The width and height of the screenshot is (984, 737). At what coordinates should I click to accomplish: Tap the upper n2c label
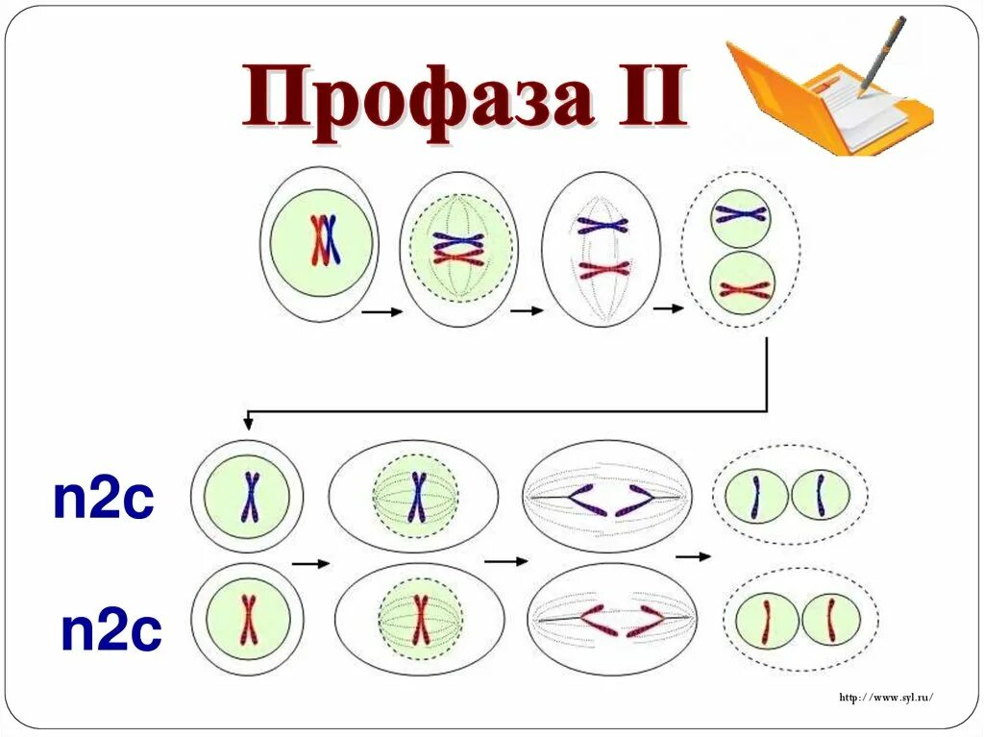click(x=103, y=501)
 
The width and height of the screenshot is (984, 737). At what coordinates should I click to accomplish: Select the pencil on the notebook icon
click(x=882, y=53)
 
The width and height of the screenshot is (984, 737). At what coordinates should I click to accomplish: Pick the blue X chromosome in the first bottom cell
click(x=250, y=497)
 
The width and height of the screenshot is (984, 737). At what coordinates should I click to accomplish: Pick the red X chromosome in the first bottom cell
click(x=249, y=620)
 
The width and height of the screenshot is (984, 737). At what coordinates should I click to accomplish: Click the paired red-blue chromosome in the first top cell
click(x=324, y=240)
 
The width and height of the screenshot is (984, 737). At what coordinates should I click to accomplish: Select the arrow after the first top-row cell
click(x=381, y=311)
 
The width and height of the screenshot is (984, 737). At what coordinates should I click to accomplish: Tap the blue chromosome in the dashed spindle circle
click(x=417, y=497)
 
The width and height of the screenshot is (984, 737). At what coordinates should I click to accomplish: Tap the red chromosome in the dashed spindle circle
click(x=420, y=620)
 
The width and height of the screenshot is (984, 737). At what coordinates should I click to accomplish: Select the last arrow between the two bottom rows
click(x=693, y=555)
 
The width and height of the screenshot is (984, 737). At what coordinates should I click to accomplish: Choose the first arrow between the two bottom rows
click(x=310, y=564)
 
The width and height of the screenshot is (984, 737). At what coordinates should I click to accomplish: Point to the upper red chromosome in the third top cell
click(x=603, y=268)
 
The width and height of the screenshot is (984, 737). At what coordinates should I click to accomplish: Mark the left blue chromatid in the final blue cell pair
click(x=756, y=496)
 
